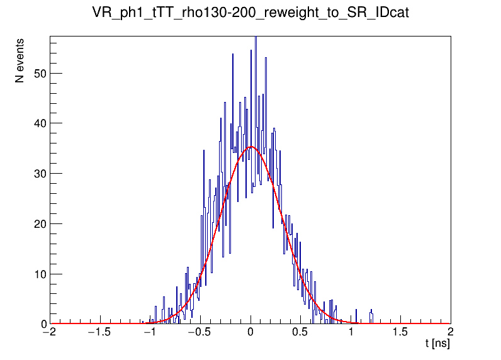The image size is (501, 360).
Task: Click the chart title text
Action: pos(250,13)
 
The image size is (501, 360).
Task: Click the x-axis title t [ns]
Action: pos(437,344)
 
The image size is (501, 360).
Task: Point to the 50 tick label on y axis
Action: pos(40,73)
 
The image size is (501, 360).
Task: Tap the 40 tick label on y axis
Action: pos(40,123)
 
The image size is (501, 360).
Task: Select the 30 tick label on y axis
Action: pos(40,174)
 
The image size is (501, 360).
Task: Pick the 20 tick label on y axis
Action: pos(40,224)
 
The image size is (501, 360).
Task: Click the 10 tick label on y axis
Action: pos(40,274)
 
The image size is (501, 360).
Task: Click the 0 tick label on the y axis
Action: pos(43,324)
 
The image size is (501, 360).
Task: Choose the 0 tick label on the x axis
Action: pos(251,333)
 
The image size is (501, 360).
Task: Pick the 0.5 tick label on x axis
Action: pos(301,333)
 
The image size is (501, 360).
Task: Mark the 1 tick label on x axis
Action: pos(351,333)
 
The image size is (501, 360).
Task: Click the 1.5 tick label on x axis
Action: pos(400,333)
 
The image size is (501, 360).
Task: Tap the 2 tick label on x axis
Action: pos(450,333)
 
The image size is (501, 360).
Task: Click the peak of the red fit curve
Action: pos(252,147)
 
